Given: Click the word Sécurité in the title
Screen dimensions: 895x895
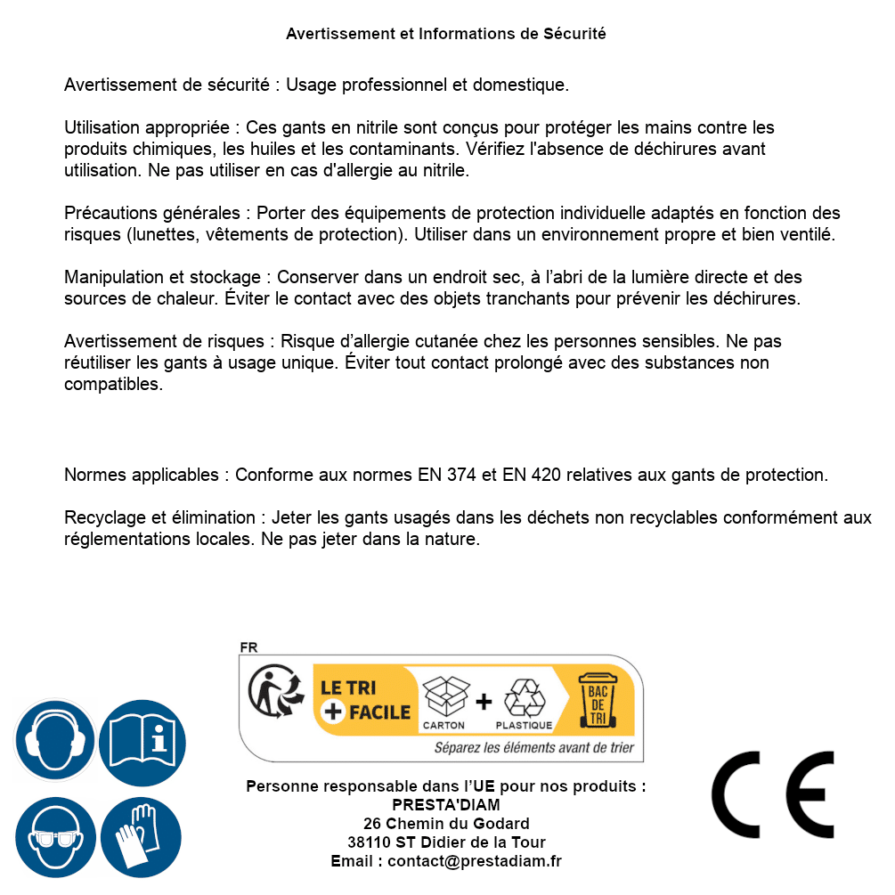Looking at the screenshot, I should pos(574,34).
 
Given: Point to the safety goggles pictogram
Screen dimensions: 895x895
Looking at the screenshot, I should pos(54,837).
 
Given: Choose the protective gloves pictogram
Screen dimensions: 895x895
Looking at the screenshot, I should pos(142,837).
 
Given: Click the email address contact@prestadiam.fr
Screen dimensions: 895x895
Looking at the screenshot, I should pos(475,861).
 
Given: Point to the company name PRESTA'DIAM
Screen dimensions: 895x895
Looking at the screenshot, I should pos(446,805).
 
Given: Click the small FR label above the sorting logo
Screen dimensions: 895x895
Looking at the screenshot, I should pos(248,647).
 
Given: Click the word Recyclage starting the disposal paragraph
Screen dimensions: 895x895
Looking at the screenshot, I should pos(103,517).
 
